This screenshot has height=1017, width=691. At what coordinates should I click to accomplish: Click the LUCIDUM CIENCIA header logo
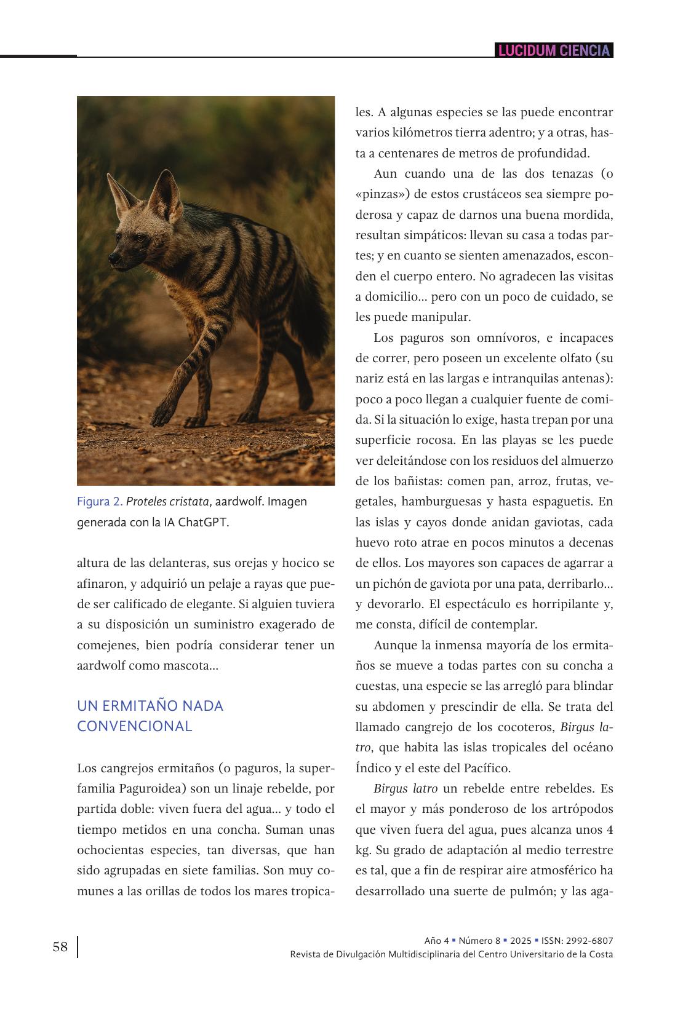(x=554, y=50)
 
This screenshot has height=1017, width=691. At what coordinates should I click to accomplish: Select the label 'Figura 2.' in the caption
(x=100, y=502)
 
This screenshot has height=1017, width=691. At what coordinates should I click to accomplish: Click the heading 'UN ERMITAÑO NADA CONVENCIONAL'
(x=150, y=716)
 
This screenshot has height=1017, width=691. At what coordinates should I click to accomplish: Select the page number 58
(x=60, y=947)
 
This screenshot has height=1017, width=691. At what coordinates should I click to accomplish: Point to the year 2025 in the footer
(x=521, y=941)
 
